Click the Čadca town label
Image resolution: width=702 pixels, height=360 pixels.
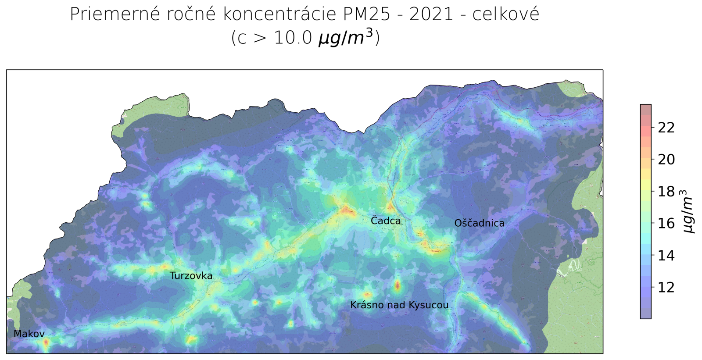[386, 221]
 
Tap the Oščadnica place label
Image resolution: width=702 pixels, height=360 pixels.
[479, 223]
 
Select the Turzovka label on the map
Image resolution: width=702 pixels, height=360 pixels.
[191, 276]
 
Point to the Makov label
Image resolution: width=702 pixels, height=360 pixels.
[29, 334]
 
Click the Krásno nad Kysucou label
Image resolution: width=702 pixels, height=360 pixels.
[399, 305]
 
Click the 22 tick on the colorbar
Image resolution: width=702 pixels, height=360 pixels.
[666, 128]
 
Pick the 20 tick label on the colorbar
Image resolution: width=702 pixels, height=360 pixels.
[666, 160]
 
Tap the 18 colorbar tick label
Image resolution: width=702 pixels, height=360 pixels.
[666, 192]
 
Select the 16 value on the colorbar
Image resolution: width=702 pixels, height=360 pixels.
[666, 223]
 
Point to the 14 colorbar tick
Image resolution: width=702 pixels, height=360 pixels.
[666, 255]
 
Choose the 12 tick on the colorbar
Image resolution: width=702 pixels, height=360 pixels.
[666, 287]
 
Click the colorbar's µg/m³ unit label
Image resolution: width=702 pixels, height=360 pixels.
[688, 211]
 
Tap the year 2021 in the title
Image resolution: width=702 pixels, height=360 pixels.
[431, 14]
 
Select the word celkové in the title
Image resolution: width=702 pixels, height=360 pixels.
[505, 14]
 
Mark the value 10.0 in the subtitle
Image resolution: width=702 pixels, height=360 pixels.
[293, 38]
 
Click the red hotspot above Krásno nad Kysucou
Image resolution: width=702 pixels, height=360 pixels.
[398, 285]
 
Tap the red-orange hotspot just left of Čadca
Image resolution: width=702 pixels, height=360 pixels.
[347, 210]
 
